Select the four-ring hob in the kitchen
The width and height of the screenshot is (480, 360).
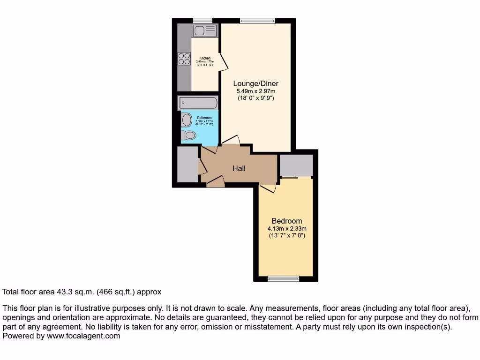tap(184, 59)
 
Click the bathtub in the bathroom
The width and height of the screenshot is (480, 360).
tap(198, 103)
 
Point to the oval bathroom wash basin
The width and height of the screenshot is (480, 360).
tap(187, 120)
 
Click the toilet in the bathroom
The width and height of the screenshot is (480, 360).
tap(188, 135)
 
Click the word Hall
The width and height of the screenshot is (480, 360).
tap(239, 168)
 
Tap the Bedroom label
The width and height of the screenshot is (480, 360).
tap(287, 221)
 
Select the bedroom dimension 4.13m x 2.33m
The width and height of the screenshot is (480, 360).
tap(286, 229)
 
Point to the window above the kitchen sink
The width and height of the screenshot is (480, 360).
tap(202, 20)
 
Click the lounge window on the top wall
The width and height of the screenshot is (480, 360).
tap(257, 20)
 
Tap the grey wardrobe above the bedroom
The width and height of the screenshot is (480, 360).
tap(296, 165)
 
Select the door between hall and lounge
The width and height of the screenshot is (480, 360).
tap(231, 140)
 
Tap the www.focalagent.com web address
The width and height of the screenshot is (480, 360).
tap(83, 336)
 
